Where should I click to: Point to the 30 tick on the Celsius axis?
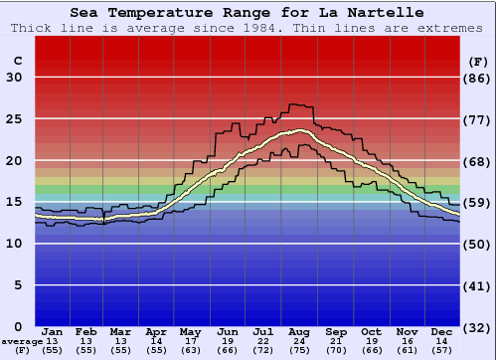tap(14, 78)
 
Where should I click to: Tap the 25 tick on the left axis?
tap(14, 119)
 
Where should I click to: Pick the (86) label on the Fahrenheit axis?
tap(478, 78)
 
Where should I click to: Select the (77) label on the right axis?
tap(478, 119)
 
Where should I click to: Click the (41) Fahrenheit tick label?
tap(478, 285)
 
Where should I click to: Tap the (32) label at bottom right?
tap(478, 327)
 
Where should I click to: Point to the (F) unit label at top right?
tap(478, 61)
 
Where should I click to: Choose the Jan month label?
tap(53, 331)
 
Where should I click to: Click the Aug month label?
tap(297, 331)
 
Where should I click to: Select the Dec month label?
tap(441, 331)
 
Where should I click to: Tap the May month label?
tap(191, 331)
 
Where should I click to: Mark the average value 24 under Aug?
tap(297, 340)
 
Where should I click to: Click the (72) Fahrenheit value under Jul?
tap(262, 350)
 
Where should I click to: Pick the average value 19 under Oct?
tap(371, 340)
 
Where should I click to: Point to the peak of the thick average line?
tap(299, 130)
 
